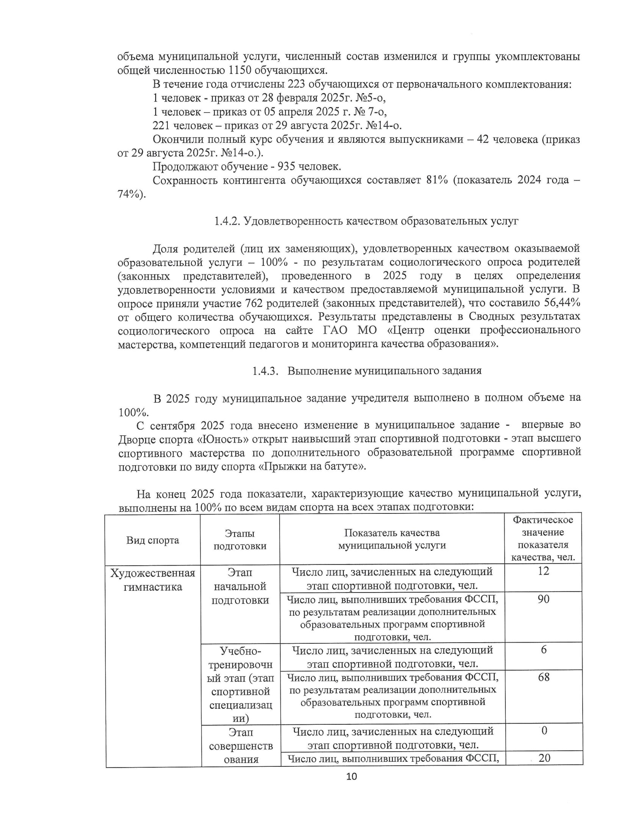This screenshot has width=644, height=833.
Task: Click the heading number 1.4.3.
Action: point(264,370)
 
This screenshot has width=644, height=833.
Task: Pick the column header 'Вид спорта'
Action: point(153,540)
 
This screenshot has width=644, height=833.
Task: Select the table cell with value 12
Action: point(543,571)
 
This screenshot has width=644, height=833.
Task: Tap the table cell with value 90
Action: point(543,599)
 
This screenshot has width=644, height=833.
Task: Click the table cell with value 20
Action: point(544,758)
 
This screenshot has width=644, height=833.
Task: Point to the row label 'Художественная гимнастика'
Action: point(153,579)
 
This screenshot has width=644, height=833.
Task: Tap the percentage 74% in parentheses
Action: point(130,194)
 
